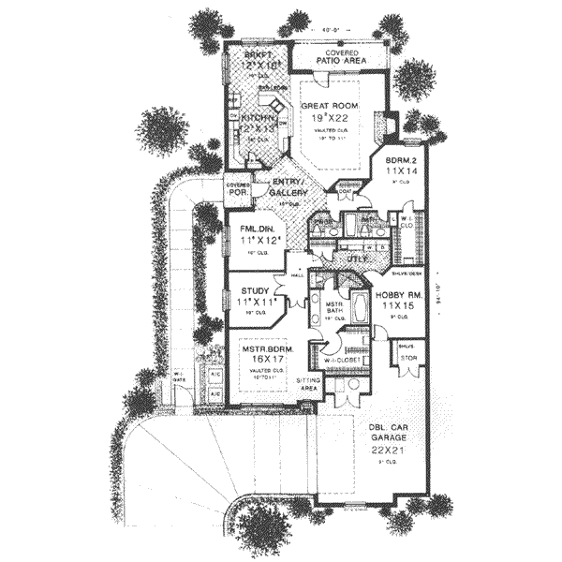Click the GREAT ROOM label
coord(327,106)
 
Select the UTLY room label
coord(357,258)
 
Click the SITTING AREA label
coord(309,385)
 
